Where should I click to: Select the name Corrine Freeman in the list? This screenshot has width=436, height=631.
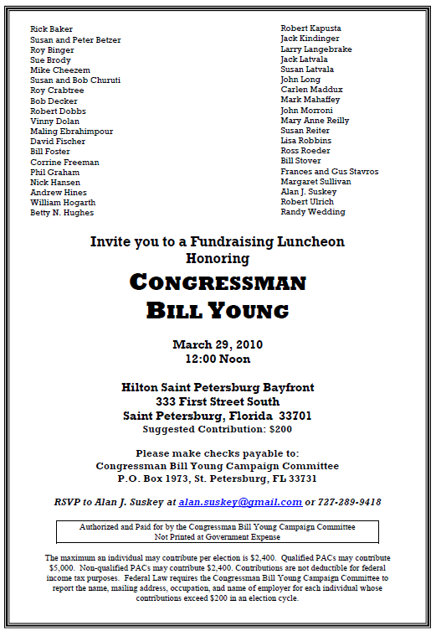click(64, 162)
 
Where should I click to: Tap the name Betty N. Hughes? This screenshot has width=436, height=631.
click(62, 213)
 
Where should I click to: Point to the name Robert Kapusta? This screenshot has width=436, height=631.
click(310, 28)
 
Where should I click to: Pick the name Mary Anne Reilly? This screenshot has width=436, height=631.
click(314, 121)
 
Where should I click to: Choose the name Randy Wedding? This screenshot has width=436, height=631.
click(312, 212)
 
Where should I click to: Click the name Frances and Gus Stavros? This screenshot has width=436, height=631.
click(329, 172)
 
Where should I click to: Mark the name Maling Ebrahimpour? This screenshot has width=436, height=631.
click(71, 132)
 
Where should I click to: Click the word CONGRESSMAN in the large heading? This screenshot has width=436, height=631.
click(218, 282)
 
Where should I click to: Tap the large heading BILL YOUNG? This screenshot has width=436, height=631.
click(218, 311)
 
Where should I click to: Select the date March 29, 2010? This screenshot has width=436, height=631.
click(218, 344)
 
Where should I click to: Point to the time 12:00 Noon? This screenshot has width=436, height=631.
click(218, 359)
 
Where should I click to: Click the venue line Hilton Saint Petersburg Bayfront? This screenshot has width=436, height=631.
click(218, 387)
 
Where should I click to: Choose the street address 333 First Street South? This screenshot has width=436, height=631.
click(218, 401)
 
